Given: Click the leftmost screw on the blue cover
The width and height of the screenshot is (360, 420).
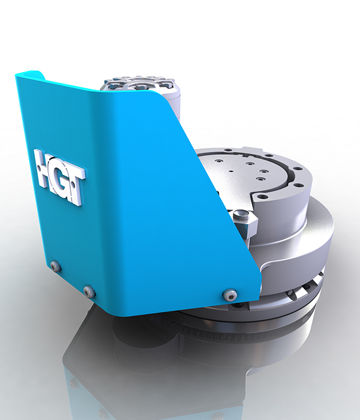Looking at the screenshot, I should (55, 265).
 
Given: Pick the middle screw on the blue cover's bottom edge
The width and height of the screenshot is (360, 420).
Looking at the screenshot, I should (89, 292).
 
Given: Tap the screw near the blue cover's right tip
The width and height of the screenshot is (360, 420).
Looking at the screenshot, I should (230, 294).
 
